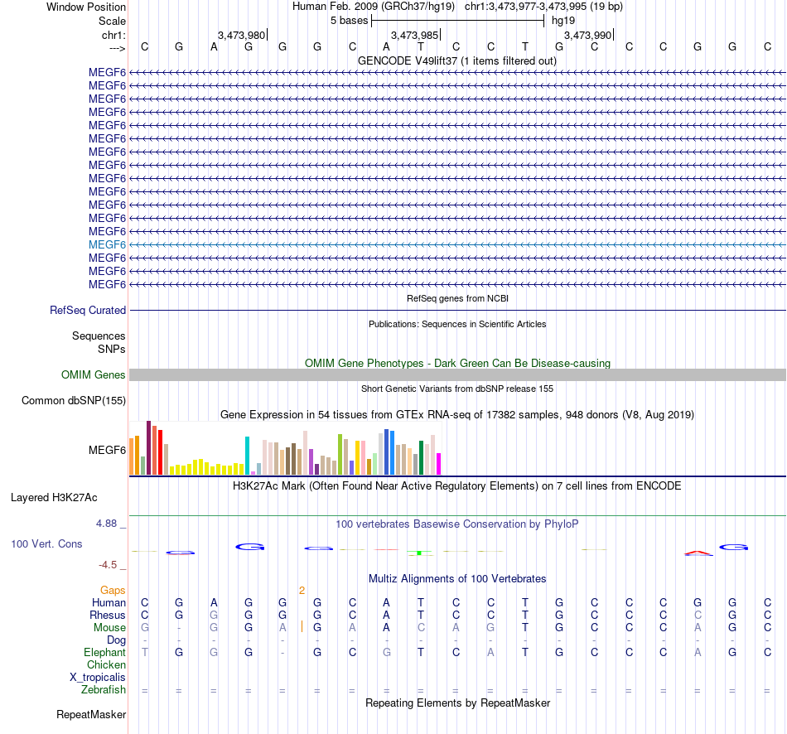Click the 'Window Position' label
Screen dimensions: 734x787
(x=86, y=7)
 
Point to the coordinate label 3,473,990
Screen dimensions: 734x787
(x=587, y=35)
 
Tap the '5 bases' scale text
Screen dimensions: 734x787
(x=349, y=20)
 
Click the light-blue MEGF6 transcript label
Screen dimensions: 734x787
(x=107, y=244)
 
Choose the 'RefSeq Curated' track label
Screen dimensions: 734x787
(x=88, y=311)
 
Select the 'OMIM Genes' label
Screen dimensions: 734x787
(x=94, y=375)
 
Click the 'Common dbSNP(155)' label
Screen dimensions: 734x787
(x=74, y=402)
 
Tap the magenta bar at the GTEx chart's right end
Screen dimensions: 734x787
(x=439, y=464)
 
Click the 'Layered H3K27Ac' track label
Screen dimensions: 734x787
(x=54, y=498)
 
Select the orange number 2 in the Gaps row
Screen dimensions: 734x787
(x=302, y=591)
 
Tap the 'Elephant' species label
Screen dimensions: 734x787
(x=104, y=653)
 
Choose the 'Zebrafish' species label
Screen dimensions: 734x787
(x=104, y=690)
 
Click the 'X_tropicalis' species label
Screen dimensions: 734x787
(x=98, y=678)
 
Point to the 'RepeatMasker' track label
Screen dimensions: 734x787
(x=91, y=714)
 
